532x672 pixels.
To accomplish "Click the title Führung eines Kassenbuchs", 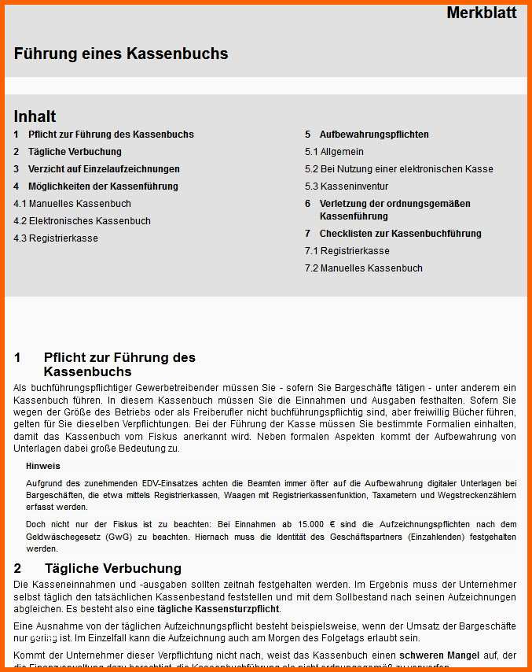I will coord(121,54).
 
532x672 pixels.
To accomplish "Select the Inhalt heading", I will coord(35,116).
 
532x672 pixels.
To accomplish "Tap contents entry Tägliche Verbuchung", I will coord(75,152).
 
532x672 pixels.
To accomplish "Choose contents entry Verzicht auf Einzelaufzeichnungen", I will coord(104,169).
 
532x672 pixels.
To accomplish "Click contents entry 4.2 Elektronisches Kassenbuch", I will coord(82,221).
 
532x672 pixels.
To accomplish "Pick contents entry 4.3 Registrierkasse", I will coord(56,238).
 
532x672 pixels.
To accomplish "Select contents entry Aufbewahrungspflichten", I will coord(374,135).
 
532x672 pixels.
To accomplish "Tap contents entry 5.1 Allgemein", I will coord(334,152).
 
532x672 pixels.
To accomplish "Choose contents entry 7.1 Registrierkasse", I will coord(347,251).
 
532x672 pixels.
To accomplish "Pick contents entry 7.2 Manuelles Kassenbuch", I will coord(363,268).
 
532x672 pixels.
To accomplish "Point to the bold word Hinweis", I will coord(42,466).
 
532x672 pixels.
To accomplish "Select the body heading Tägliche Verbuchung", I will coord(112,568).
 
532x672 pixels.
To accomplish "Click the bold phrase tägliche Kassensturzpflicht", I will coord(218,609).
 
